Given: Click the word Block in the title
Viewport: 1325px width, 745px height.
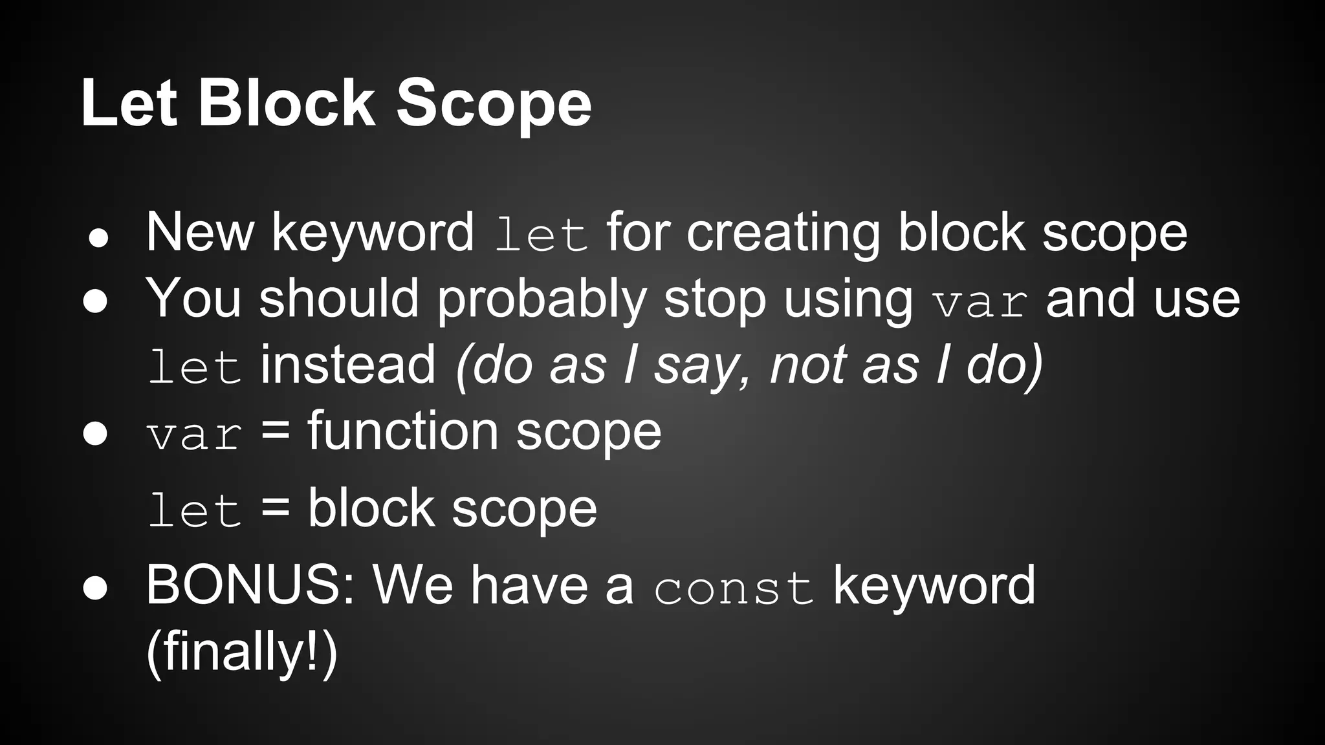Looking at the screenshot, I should [286, 103].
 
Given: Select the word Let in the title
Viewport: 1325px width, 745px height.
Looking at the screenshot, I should [129, 103].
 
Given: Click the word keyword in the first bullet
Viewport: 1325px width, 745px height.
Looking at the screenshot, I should [373, 233].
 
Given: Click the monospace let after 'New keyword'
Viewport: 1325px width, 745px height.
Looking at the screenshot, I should [541, 235].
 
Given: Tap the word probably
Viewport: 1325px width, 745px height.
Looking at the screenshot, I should [542, 299].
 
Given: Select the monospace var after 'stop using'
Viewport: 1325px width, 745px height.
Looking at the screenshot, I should [980, 302].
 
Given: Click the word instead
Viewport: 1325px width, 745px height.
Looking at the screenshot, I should [348, 365].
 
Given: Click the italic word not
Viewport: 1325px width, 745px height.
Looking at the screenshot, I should [807, 365].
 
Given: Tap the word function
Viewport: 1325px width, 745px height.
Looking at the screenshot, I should [402, 431].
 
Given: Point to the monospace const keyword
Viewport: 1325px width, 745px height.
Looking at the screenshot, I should [734, 588].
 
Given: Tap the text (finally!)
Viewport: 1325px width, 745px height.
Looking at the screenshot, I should [242, 652].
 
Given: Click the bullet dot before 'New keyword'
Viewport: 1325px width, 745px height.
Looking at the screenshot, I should [98, 239].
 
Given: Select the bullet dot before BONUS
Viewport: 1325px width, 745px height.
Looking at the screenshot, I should [95, 587].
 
